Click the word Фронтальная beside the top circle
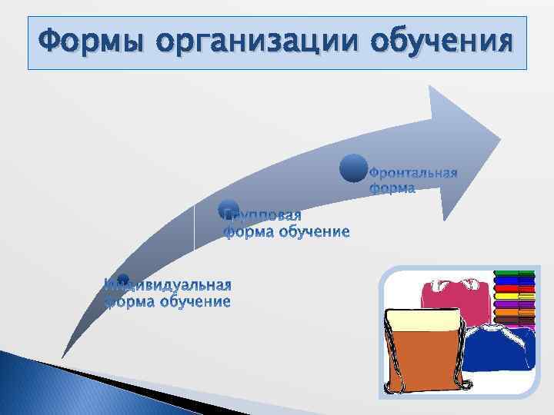[414, 171]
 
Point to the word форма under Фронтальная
[392, 187]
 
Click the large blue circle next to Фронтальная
[353, 169]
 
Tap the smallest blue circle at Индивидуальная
[123, 281]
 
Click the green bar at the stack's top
[514, 273]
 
